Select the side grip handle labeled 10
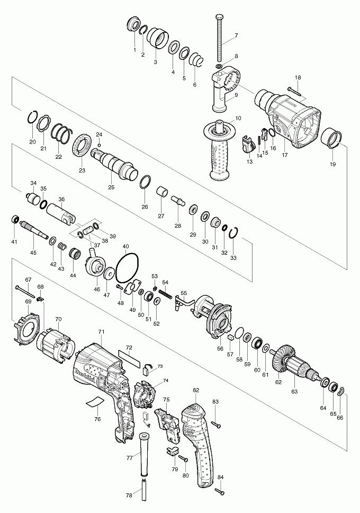pyautogui.click(x=220, y=150)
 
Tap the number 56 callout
pyautogui.click(x=220, y=349)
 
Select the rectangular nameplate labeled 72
pyautogui.click(x=130, y=357)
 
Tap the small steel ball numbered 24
pyautogui.click(x=99, y=145)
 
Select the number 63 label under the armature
pyautogui.click(x=294, y=392)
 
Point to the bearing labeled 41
pyautogui.click(x=15, y=220)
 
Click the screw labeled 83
pyautogui.click(x=216, y=425)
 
